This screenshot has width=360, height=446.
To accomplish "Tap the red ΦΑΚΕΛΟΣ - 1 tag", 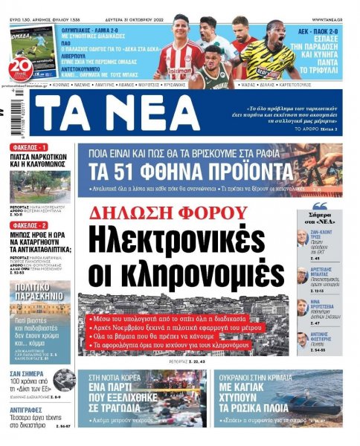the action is point(30,147).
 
